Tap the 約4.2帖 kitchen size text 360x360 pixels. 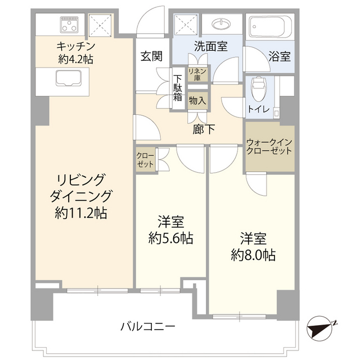75,58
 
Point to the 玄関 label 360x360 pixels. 152,56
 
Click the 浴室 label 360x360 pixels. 279,57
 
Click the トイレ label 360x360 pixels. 259,109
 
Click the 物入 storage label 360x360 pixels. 197,101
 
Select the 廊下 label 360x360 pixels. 203,129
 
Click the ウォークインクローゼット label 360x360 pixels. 269,146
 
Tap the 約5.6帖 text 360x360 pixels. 172,238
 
